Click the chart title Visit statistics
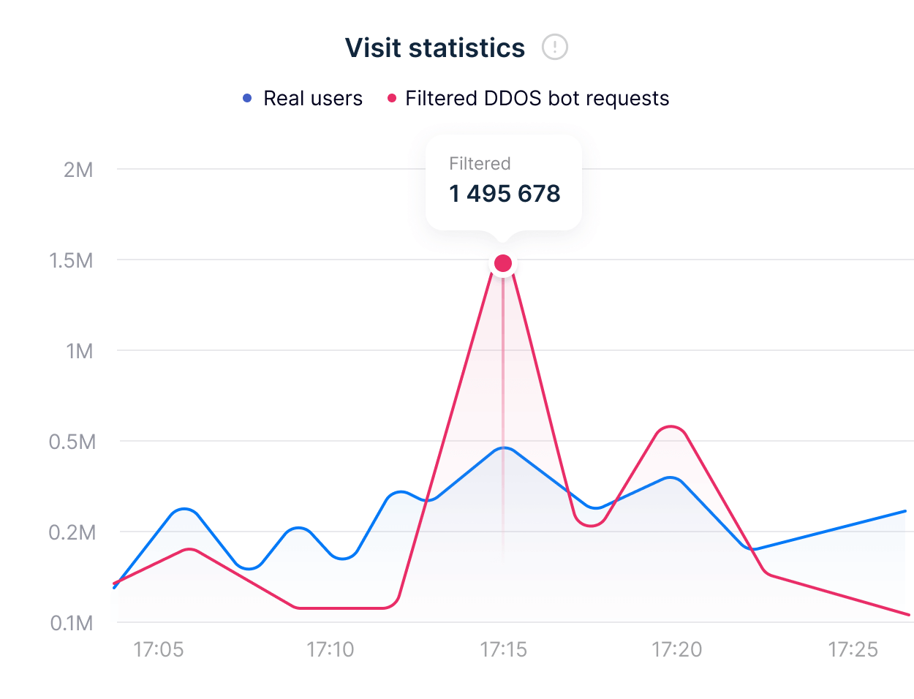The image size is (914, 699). [434, 48]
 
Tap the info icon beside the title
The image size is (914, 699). [555, 48]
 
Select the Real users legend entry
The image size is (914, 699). [312, 99]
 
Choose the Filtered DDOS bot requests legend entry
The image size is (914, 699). [537, 99]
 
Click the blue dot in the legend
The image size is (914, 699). [247, 98]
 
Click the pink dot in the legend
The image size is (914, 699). [392, 98]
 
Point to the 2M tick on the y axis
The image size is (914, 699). [78, 170]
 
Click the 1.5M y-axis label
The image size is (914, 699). [71, 260]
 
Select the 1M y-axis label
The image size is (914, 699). [79, 351]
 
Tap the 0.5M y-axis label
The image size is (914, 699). [72, 442]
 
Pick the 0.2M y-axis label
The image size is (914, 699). [72, 532]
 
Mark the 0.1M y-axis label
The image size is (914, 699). [72, 623]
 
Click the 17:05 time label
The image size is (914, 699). [159, 649]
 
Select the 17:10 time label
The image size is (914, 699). [330, 649]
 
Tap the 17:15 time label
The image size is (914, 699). [503, 649]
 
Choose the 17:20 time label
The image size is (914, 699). [676, 649]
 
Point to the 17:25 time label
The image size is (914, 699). [853, 649]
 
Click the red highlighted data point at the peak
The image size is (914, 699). [503, 263]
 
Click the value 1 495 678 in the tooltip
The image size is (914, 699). [505, 194]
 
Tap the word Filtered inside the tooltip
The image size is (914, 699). [480, 164]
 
